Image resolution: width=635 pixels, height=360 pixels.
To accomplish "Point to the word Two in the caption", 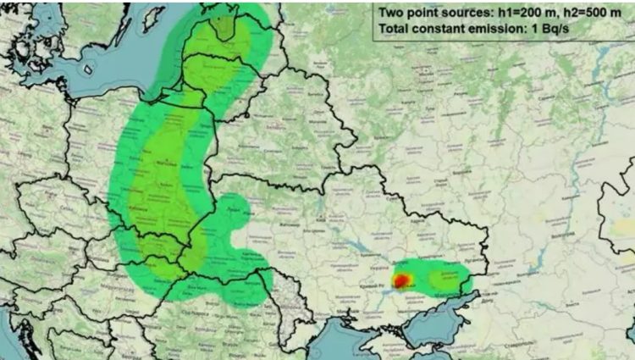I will tap(394, 11).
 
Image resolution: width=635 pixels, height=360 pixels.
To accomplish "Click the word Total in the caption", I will tap(397, 29).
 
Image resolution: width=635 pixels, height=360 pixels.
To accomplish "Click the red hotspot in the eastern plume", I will tap(401, 280).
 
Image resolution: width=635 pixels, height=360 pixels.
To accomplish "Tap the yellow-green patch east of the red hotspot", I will tap(443, 277).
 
